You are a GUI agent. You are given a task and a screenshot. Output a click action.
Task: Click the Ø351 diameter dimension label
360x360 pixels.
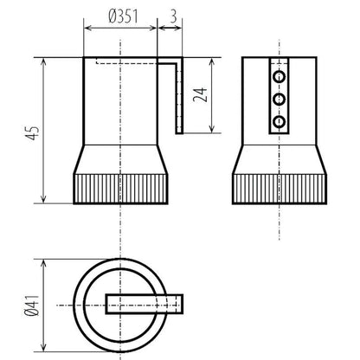click(123, 16)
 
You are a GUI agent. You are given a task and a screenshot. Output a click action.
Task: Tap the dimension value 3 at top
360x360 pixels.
click(173, 16)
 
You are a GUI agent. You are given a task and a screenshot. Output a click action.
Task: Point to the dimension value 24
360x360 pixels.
click(200, 94)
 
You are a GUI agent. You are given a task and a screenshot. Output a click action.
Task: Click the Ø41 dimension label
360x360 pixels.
click(32, 305)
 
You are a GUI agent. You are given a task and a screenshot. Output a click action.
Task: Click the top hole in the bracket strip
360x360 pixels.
click(279, 77)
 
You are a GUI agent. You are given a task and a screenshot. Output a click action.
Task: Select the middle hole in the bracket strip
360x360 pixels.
click(279, 100)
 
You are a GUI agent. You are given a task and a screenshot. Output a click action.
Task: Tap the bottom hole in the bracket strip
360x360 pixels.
click(279, 122)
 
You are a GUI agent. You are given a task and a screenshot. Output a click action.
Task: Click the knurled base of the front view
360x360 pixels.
click(120, 189)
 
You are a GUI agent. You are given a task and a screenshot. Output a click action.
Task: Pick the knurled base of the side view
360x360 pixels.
click(280, 189)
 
